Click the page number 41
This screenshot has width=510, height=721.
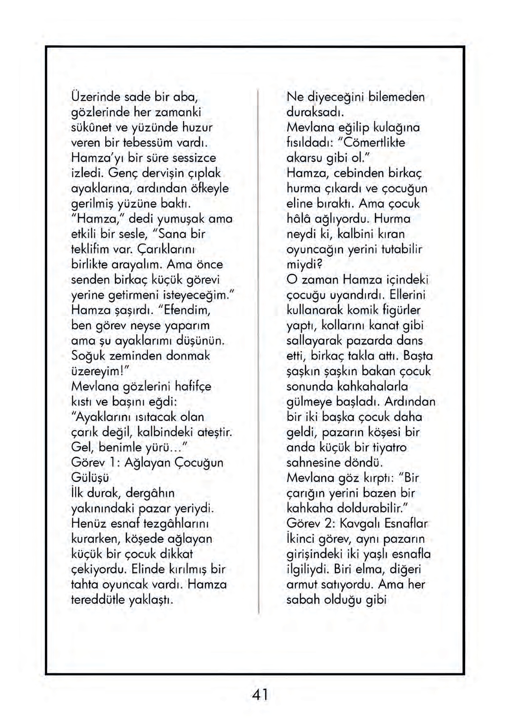[x=260, y=695]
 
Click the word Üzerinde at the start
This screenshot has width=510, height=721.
[x=95, y=97]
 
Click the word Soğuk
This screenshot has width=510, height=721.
[x=88, y=356]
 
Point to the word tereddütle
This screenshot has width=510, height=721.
[x=98, y=600]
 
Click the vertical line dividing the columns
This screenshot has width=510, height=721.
[x=258, y=349]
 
